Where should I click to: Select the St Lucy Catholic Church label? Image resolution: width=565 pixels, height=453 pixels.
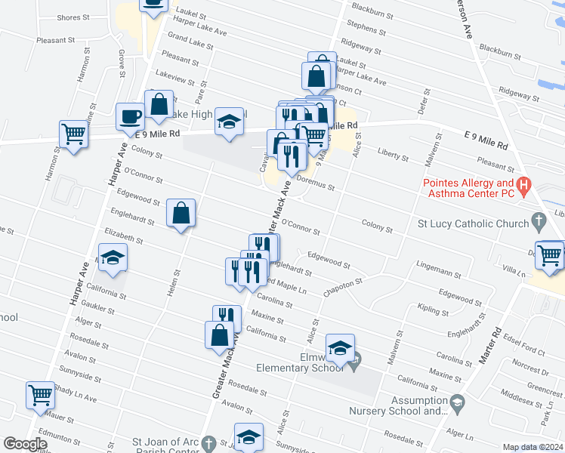coord(471,223)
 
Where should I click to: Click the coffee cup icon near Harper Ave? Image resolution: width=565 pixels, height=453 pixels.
coord(130,116)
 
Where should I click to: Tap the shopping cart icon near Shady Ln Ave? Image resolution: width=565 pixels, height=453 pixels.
coord(40,394)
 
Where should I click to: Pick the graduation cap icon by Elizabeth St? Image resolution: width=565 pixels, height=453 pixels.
coord(112,257)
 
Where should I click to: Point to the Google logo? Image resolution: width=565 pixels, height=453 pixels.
coord(25,444)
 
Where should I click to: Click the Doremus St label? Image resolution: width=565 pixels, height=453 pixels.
coord(317,182)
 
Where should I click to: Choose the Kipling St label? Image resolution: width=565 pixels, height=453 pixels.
coord(434,310)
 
